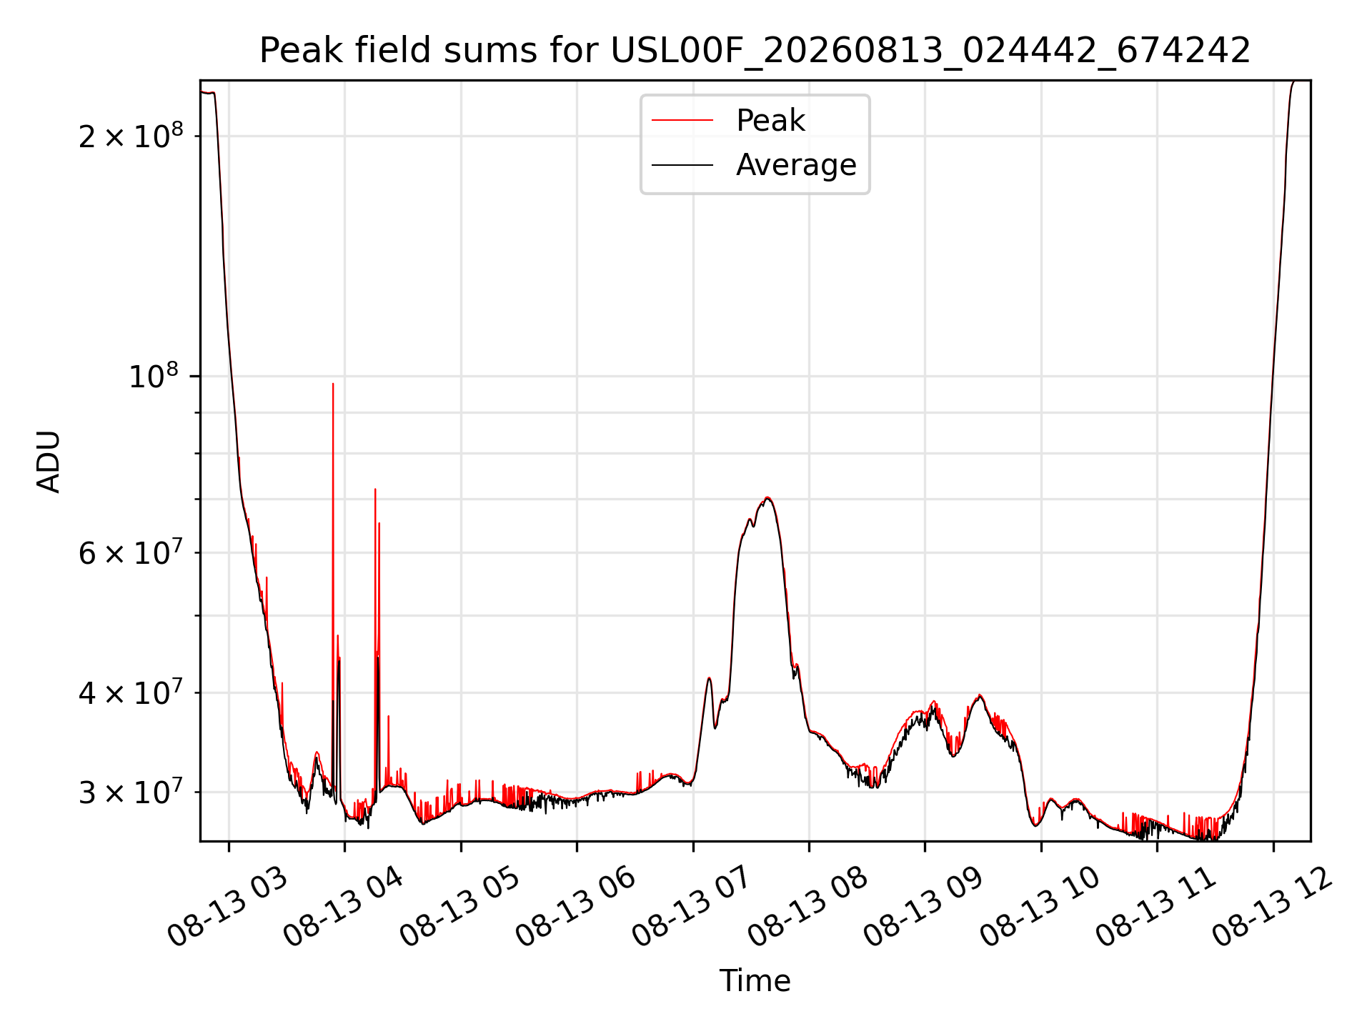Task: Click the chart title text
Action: (755, 51)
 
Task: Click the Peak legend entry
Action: (770, 120)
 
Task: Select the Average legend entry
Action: (796, 165)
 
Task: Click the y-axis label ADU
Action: (49, 461)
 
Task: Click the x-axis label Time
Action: (755, 980)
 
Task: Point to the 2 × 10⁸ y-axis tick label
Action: (131, 135)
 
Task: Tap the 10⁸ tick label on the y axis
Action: (156, 375)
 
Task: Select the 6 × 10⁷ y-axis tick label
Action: (131, 552)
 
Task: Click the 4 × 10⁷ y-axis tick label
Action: (131, 692)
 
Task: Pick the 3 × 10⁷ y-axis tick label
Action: (131, 791)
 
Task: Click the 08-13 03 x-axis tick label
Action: (227, 908)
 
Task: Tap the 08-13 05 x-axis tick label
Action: (459, 908)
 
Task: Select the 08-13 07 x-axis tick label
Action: (692, 908)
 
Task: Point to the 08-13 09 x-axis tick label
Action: (924, 908)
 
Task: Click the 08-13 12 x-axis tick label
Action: (1272, 908)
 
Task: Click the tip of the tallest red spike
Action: (333, 384)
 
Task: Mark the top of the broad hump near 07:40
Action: (767, 497)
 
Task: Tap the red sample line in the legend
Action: (682, 120)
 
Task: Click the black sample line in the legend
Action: (682, 165)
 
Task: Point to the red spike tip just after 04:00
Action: (375, 489)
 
